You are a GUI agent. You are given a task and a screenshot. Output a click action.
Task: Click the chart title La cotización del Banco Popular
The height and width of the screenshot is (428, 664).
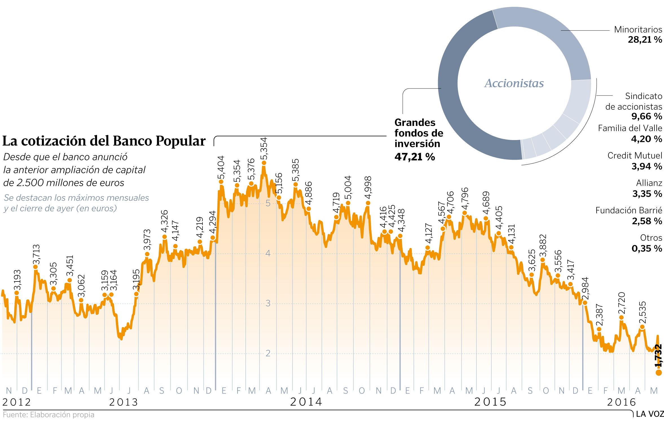tap(104, 141)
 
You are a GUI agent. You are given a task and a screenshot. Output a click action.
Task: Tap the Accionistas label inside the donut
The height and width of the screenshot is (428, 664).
tap(514, 83)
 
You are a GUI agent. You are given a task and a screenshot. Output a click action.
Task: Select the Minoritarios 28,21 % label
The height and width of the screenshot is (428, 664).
tap(638, 34)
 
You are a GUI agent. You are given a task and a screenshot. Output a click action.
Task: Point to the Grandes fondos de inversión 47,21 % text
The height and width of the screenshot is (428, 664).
tap(419, 139)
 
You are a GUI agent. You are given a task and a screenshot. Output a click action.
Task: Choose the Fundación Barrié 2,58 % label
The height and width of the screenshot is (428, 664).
tap(629, 216)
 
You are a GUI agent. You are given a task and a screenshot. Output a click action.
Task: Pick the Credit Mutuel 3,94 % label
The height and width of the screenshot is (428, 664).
tap(635, 161)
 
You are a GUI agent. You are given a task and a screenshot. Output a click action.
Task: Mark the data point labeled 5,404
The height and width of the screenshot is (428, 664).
tap(221, 182)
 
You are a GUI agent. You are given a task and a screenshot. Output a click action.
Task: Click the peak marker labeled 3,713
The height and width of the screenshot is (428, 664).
tap(36, 267)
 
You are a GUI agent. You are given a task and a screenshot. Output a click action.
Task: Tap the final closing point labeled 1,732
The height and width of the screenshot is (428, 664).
tap(659, 372)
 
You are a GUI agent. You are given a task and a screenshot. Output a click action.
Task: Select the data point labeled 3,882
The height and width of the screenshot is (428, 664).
tap(543, 260)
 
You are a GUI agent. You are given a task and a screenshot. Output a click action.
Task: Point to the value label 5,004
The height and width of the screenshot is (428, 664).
tap(348, 187)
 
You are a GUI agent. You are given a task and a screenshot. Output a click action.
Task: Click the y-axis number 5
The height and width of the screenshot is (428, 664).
tap(268, 203)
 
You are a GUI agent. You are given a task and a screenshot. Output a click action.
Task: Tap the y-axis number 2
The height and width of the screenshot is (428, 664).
tap(268, 353)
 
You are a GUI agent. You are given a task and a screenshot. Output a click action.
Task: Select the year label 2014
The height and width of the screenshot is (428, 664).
tap(306, 402)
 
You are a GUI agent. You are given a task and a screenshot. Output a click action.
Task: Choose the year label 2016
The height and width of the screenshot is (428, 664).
tap(622, 402)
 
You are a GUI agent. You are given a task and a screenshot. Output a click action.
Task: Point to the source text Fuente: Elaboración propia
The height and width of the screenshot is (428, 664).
tap(49, 415)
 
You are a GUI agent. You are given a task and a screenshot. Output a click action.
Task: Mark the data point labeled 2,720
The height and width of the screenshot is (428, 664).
tap(621, 318)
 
